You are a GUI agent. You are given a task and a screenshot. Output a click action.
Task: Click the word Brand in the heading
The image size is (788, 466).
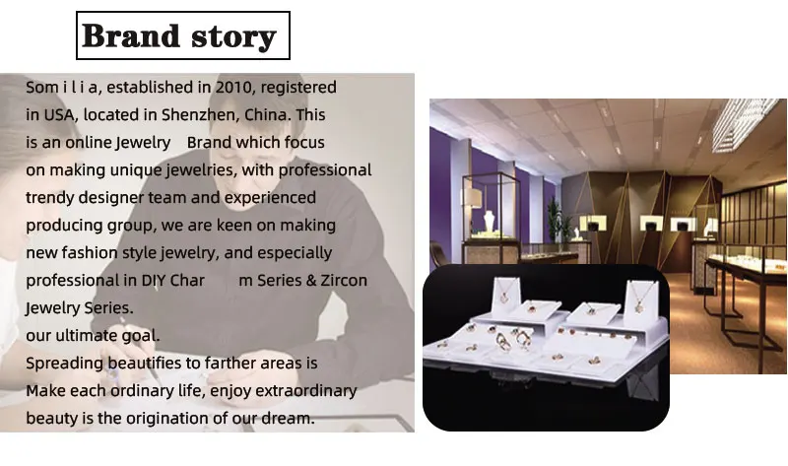pyautogui.click(x=131, y=35)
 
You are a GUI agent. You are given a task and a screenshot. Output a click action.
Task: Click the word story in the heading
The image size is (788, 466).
pyautogui.click(x=233, y=37)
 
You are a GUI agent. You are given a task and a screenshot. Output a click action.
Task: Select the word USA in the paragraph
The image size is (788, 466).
pyautogui.click(x=60, y=114)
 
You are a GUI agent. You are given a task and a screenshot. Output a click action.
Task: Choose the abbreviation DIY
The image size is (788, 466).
pyautogui.click(x=153, y=280)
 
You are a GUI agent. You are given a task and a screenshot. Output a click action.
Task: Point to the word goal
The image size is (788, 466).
pyautogui.click(x=141, y=336)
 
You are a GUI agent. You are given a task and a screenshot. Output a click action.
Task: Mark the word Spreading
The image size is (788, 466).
pyautogui.click(x=64, y=364)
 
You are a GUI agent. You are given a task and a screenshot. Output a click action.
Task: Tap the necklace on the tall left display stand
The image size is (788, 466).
pyautogui.click(x=503, y=293)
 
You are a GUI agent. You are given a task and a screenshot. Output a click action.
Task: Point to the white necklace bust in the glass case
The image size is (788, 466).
pyautogui.click(x=489, y=223)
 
